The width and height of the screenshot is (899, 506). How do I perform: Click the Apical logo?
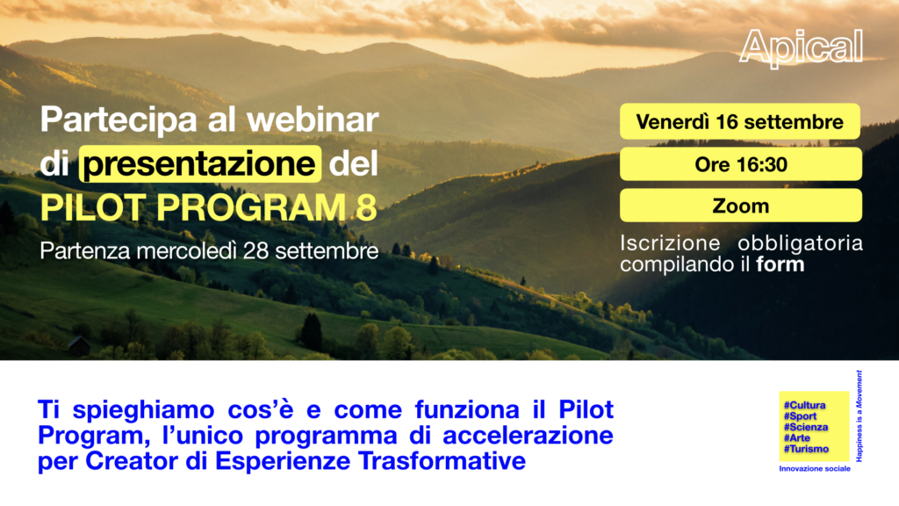point(801,48)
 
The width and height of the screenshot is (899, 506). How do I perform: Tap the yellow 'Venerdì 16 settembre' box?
point(739,121)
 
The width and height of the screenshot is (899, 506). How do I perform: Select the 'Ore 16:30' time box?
point(741,164)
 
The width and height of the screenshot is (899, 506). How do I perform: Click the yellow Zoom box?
point(741,206)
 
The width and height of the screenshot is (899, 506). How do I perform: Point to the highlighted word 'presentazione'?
point(200,164)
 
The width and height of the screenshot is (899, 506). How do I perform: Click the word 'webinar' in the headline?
point(313,119)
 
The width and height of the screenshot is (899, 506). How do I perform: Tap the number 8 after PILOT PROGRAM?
point(366,207)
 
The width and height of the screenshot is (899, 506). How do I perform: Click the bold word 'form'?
point(780,264)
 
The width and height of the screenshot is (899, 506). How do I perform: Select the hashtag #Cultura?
point(804,405)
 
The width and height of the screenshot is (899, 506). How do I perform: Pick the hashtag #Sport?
point(800,416)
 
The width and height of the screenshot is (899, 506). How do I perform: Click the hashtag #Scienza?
point(806,427)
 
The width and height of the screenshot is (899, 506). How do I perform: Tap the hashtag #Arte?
point(797,437)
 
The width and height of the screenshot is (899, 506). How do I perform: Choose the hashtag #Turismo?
point(806,449)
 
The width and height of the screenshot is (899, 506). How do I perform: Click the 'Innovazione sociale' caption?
point(815,469)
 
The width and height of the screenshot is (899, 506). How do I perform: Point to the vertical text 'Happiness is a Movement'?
point(859,416)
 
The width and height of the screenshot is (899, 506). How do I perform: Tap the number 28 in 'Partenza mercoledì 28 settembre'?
point(255,250)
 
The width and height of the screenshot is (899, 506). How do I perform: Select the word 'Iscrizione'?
point(670,243)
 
